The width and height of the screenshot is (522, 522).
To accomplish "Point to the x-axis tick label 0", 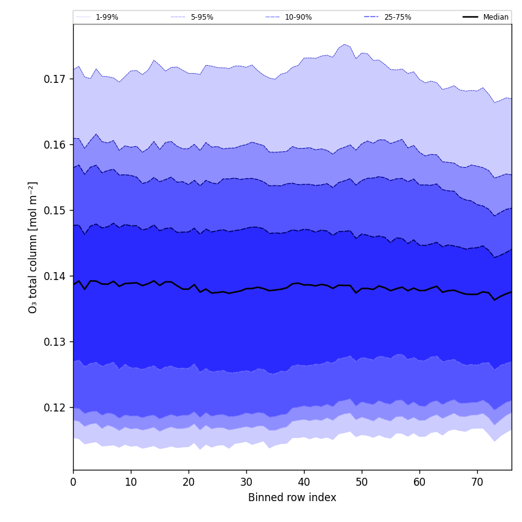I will (x=73, y=483).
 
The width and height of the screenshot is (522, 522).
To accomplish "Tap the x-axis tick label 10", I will (x=131, y=483).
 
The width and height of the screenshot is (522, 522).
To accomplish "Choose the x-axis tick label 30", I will (x=246, y=483).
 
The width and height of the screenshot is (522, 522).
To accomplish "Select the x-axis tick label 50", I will (x=362, y=483).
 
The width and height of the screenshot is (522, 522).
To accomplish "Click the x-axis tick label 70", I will (x=477, y=483).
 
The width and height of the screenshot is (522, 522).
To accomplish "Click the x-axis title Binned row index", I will (x=292, y=498).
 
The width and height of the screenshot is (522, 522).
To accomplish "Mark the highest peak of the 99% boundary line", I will (x=345, y=44).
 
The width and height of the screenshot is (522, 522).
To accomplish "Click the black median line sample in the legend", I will (x=471, y=17).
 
